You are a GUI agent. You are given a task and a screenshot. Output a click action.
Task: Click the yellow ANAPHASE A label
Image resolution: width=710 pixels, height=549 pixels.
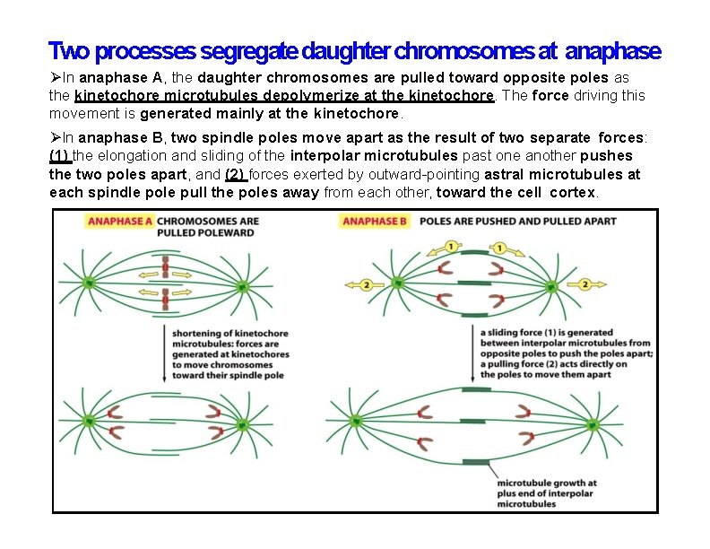pos(119,221)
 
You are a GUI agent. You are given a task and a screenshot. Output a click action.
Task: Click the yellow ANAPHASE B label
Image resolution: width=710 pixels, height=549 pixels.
pos(376,221)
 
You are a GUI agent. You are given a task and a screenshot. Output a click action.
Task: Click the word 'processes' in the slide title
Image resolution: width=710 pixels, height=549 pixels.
pos(149,51)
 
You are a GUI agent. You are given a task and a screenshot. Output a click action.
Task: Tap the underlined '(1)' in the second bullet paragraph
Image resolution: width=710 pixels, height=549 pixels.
pos(60,154)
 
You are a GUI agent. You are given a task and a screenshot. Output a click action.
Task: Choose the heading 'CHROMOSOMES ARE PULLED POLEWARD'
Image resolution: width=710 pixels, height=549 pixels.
pos(207,226)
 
